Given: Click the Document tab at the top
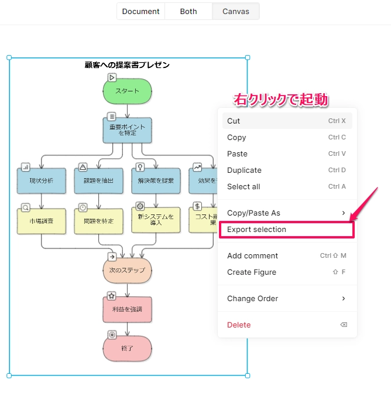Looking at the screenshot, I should point(141,11).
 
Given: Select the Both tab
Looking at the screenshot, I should point(188,11).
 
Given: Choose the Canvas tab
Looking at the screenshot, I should point(235,11).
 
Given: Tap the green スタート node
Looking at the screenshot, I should point(128,91).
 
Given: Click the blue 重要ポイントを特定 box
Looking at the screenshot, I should point(128,130).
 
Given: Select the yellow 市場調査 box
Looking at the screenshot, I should point(42,221).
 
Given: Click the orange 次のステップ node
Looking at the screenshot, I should point(128,271).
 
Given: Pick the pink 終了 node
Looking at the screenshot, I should point(128,348).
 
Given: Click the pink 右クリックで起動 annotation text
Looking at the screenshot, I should point(280,100).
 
